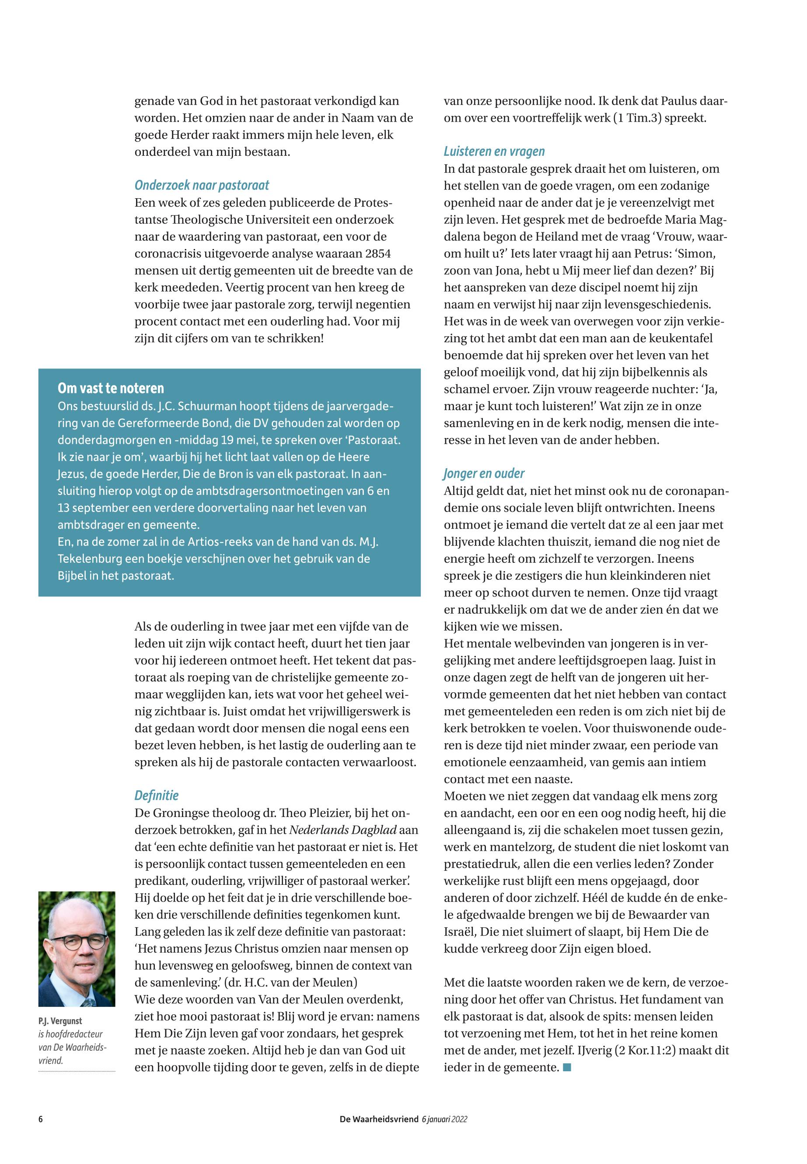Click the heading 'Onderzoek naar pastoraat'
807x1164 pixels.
pos(202,185)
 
